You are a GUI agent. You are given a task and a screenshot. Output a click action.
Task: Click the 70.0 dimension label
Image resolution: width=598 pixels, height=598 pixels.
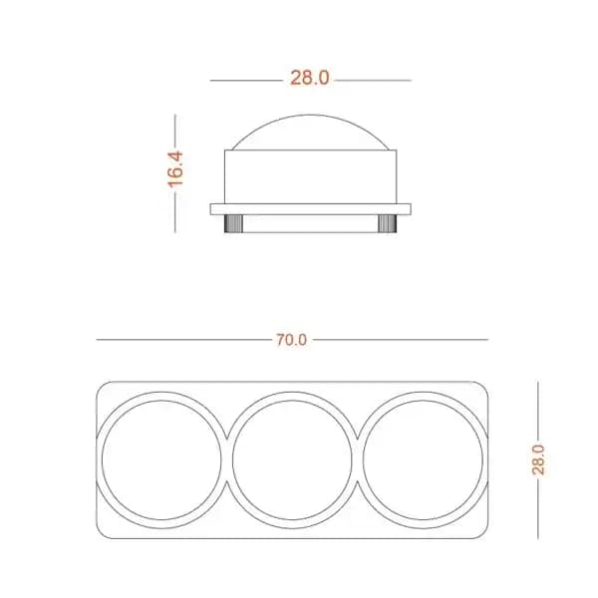(x=291, y=340)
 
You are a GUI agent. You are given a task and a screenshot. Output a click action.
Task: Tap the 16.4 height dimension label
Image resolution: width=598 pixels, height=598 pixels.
(x=175, y=169)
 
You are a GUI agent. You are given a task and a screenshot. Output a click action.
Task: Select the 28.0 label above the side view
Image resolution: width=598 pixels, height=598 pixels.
(x=309, y=78)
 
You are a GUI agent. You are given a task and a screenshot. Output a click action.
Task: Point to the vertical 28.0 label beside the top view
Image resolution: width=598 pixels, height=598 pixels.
(x=538, y=459)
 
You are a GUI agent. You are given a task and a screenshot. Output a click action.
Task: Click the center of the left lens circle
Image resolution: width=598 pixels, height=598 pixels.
(x=161, y=459)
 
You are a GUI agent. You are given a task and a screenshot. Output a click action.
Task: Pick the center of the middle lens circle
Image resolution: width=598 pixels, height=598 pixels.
(x=292, y=459)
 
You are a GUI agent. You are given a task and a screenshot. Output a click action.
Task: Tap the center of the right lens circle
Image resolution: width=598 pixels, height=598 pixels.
(x=423, y=459)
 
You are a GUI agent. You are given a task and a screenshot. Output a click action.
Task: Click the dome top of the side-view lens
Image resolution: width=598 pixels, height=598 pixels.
(x=310, y=116)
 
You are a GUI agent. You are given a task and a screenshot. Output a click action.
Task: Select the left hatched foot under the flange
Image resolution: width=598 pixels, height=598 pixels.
(x=233, y=224)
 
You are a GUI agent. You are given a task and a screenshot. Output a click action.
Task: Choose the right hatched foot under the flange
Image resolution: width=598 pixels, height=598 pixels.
(x=387, y=224)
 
